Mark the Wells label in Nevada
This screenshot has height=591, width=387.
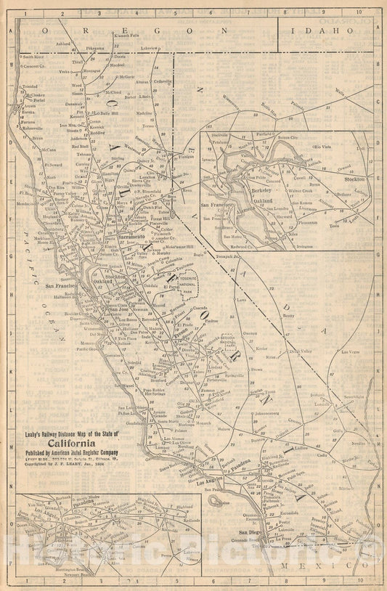339,92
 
